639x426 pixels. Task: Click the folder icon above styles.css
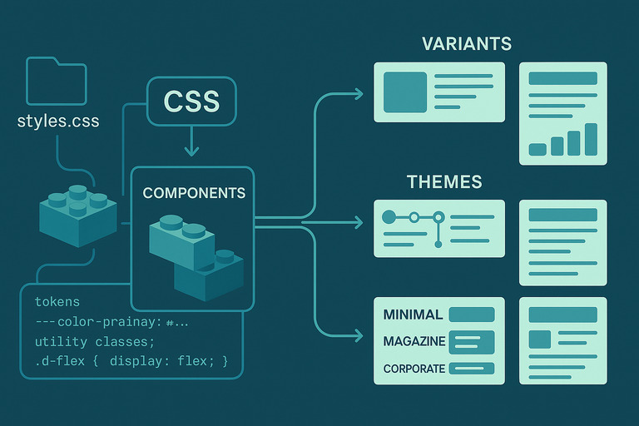(x=57, y=80)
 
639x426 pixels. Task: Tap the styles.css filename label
(x=58, y=121)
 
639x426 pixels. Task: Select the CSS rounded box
(x=191, y=101)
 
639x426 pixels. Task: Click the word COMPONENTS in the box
(x=194, y=193)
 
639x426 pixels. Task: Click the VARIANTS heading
(x=466, y=43)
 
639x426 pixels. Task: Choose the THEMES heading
(x=444, y=181)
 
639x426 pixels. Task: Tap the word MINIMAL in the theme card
(x=412, y=315)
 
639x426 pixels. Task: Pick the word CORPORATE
(x=414, y=369)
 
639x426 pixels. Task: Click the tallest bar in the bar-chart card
(x=591, y=139)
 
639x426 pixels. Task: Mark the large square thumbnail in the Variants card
(x=404, y=92)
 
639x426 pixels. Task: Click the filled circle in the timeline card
(x=388, y=217)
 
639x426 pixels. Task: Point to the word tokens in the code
(x=57, y=300)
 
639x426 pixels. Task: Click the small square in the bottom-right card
(x=540, y=339)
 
